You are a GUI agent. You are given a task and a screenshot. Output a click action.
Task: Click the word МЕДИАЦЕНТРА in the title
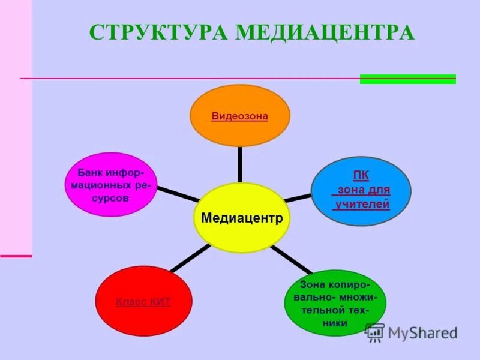tap(325, 32)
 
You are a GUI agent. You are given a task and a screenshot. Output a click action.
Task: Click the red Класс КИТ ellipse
tap(143, 318)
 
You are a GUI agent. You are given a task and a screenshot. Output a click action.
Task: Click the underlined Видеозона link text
tap(239, 116)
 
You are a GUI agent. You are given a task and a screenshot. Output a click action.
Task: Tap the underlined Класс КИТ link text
tap(143, 302)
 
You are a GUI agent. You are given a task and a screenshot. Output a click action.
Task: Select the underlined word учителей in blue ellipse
tap(362, 204)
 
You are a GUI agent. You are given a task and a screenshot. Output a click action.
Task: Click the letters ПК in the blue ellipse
tap(361, 175)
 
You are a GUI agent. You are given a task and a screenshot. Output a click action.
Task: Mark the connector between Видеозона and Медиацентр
tap(240, 164)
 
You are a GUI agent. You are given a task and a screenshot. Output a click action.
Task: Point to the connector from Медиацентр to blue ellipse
tap(298, 197)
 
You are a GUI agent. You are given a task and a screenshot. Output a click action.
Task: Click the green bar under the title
tap(407, 79)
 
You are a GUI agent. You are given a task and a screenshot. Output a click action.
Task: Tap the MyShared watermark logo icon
tap(375, 332)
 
